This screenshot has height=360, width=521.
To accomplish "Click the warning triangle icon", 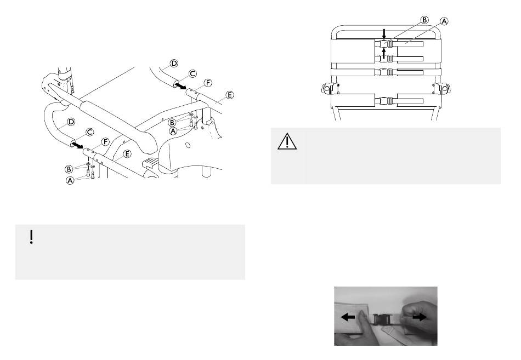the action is point(287,141).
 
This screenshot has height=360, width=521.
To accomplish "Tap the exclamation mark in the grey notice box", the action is point(31,237).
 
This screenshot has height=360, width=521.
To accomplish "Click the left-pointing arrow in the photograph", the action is point(348,317).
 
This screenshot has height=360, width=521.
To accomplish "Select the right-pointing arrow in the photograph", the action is point(420,317).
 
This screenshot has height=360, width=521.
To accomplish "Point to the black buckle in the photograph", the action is point(381,320).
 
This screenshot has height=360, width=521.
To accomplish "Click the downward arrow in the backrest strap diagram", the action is point(384,33).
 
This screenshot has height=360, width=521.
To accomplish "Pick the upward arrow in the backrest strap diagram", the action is point(384,54).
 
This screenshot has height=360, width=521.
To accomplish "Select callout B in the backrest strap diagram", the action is point(424,20).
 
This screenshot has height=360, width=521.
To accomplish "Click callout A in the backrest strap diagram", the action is point(444,21).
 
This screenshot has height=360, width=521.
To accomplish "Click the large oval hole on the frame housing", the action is point(188,145).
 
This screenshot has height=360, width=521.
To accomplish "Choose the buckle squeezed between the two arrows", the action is point(384,43).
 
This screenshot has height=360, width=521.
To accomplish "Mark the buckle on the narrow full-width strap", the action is point(384,72).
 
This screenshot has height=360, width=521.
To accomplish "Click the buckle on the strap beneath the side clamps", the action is point(384,100).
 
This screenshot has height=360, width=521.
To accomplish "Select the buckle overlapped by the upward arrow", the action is point(384,59).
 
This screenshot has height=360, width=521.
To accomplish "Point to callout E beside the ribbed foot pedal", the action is point(127,154).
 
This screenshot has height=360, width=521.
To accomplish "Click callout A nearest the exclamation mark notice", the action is point(70,181).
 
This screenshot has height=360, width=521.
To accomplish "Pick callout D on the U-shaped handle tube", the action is point(71,122).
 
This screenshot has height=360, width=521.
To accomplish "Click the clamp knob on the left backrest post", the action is point(327,88).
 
